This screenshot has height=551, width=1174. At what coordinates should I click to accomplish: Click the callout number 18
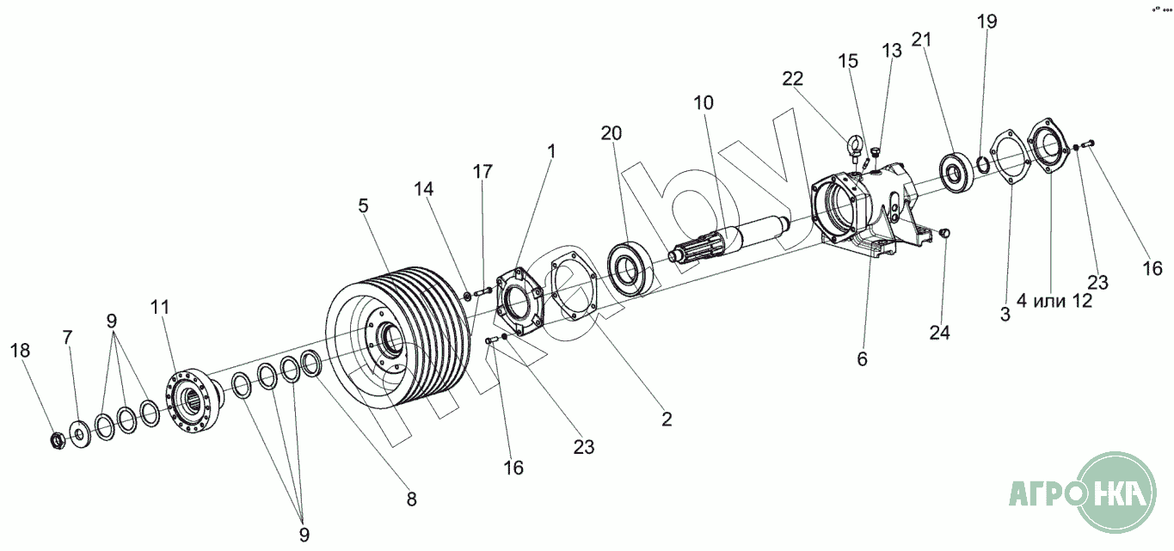point(21,350)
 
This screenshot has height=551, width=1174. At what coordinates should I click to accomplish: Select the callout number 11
point(160,307)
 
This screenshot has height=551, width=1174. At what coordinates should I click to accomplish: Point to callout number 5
point(363,205)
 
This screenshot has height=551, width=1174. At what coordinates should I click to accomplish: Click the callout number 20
point(611,133)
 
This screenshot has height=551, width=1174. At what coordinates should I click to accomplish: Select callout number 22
point(792,78)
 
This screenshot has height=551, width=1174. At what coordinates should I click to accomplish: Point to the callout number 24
point(940,333)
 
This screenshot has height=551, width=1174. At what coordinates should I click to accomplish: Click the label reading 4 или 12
point(1054,301)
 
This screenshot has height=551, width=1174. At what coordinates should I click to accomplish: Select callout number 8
point(411,498)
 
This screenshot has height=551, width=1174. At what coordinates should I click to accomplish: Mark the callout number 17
point(483,171)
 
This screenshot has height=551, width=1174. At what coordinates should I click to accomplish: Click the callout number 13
point(892,51)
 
